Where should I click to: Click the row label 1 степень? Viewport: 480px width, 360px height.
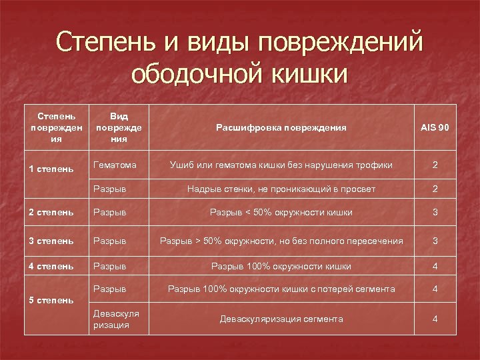coord(51,169)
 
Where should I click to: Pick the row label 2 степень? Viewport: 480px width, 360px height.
coord(51,213)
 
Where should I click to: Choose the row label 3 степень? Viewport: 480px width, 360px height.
coord(51,241)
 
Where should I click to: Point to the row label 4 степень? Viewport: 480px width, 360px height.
coord(51,266)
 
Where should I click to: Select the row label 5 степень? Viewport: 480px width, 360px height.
coord(51,300)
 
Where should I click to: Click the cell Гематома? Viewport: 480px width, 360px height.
coord(115,165)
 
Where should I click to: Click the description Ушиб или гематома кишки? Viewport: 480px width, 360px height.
coord(281,165)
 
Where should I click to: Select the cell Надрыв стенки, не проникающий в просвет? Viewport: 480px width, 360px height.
coord(281,189)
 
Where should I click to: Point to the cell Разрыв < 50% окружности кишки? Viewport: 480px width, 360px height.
coord(281,213)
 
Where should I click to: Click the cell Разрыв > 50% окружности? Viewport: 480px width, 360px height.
coord(281,241)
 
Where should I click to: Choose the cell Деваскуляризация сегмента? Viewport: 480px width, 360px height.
coord(281,319)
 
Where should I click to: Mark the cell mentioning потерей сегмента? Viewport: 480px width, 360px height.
coord(281,289)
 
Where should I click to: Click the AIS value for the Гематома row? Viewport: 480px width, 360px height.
coord(435,165)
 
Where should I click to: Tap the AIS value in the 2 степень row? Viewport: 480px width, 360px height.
coord(435,213)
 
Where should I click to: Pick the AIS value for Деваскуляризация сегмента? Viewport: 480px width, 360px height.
coord(435,319)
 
